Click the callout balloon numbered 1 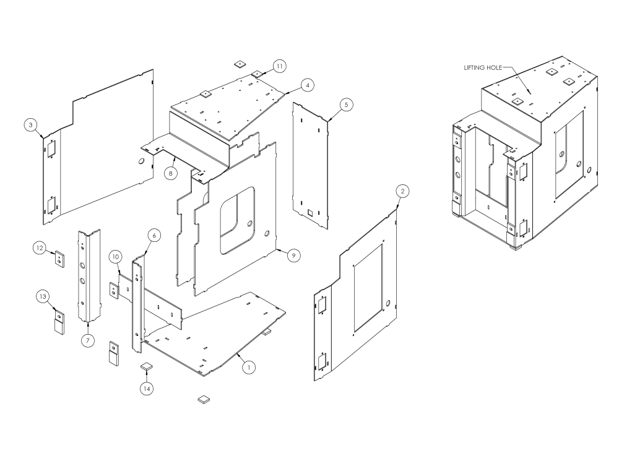[x=248, y=367]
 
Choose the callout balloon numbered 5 [x=346, y=105]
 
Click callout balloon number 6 [x=155, y=235]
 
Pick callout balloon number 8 [x=169, y=174]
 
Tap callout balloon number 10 [x=115, y=256]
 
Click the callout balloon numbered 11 [x=279, y=66]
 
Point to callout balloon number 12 [x=40, y=248]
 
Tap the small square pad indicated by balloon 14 [x=146, y=366]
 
